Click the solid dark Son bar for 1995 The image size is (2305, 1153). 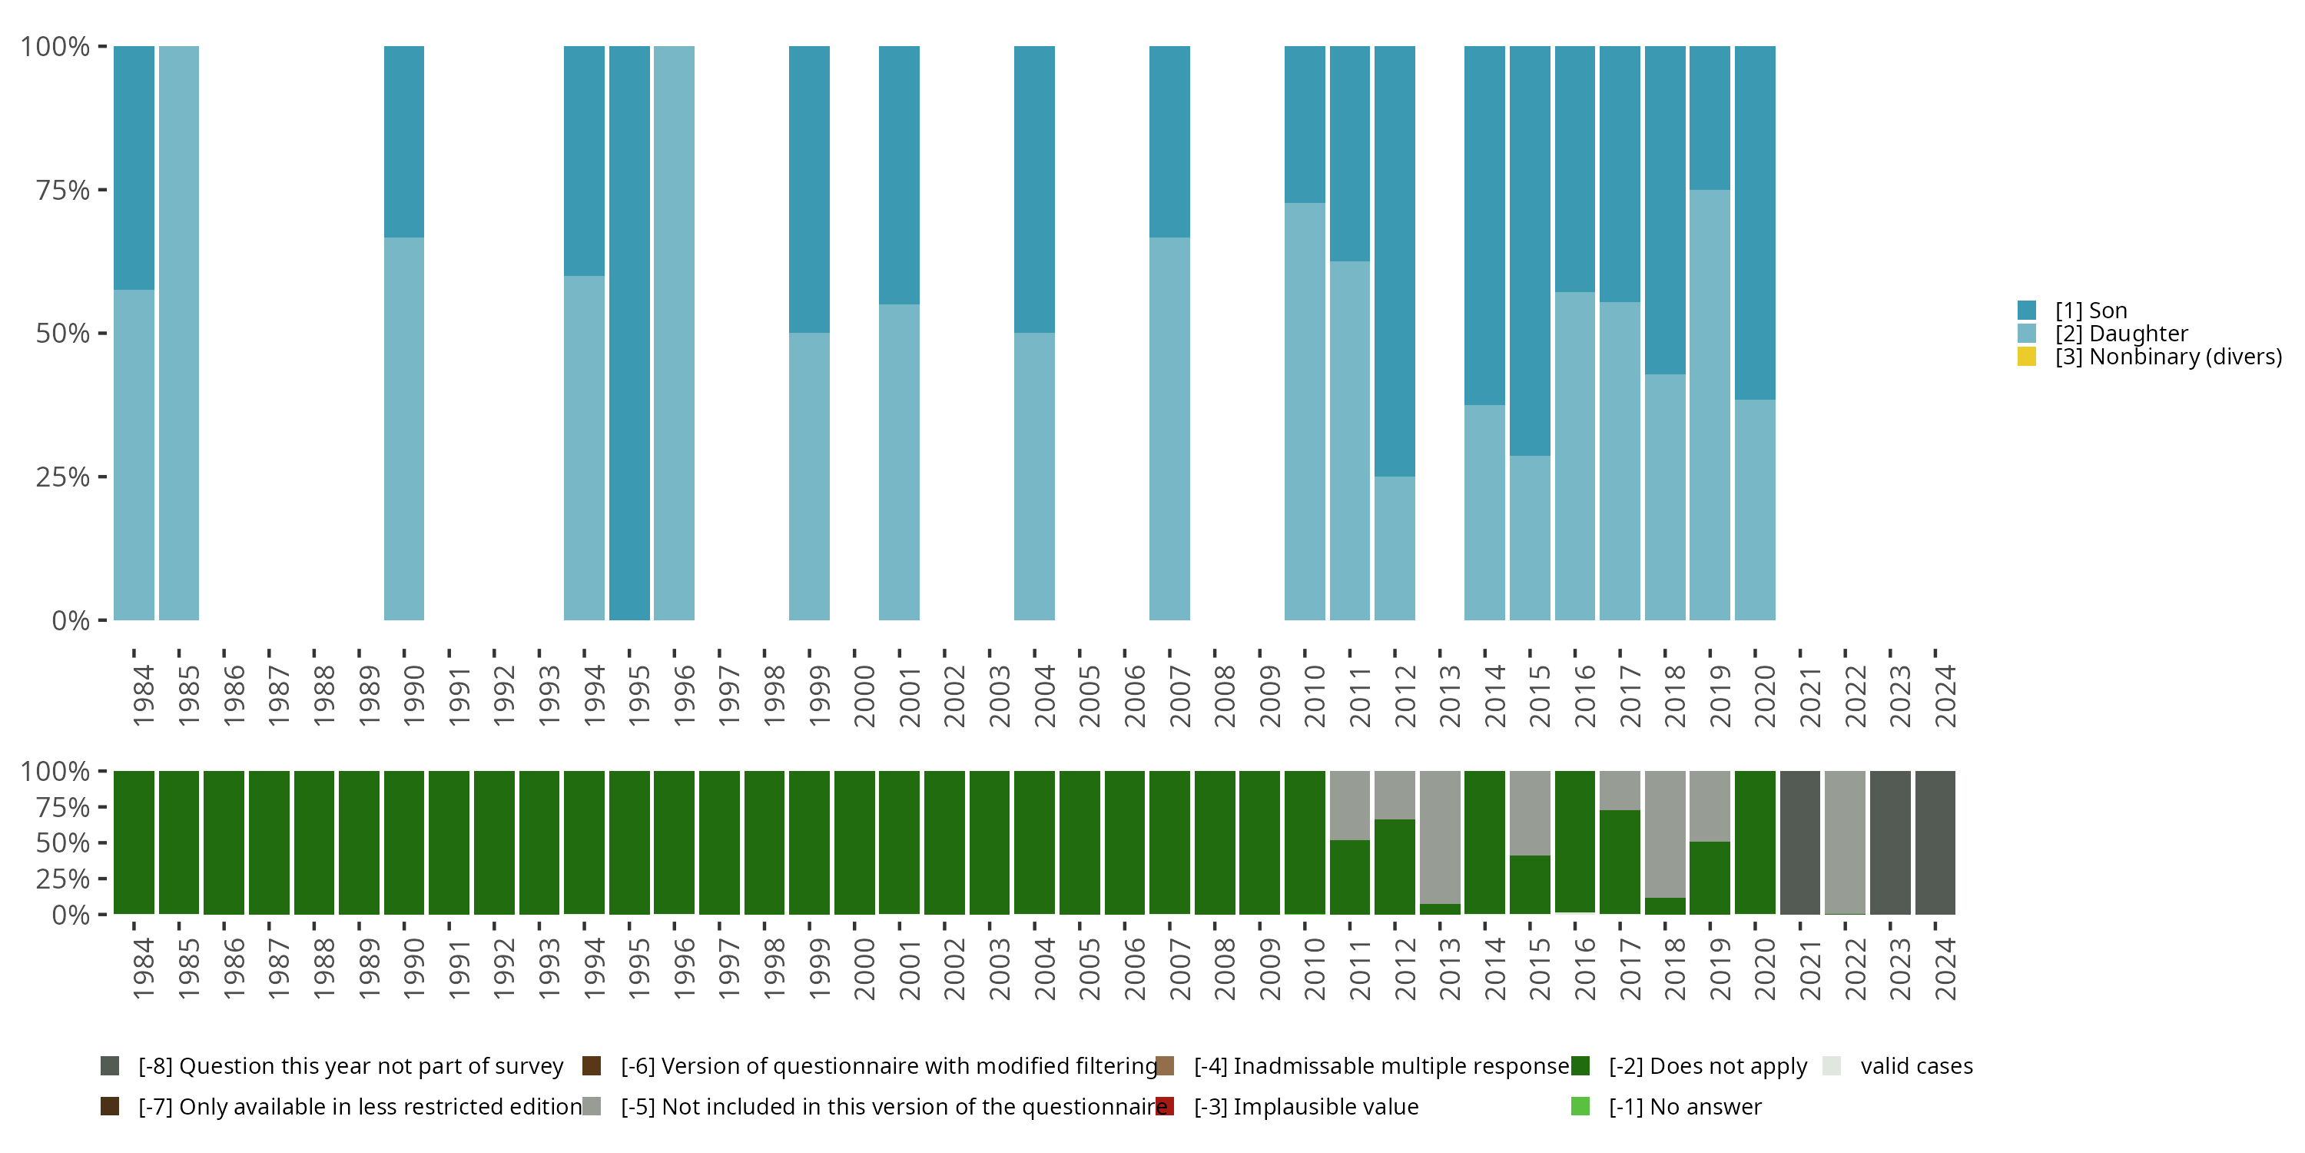point(629,333)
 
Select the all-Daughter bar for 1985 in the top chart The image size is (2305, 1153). point(179,333)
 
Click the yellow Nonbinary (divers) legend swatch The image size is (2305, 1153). point(2028,357)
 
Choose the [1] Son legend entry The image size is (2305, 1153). point(2090,311)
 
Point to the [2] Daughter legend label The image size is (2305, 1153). point(2121,334)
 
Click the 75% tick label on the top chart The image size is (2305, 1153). point(63,190)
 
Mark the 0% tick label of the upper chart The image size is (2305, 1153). point(71,620)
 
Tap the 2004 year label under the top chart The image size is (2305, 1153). point(1044,696)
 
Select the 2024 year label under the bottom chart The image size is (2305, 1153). point(1945,969)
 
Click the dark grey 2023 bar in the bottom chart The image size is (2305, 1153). point(1891,842)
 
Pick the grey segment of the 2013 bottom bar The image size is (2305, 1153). point(1440,836)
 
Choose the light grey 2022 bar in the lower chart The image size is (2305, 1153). point(1845,842)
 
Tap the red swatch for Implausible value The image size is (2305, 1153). point(1165,1106)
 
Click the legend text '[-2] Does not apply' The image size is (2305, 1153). point(1707,1066)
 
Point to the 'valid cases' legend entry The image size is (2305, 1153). point(1915,1066)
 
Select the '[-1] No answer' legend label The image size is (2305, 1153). point(1685,1106)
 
